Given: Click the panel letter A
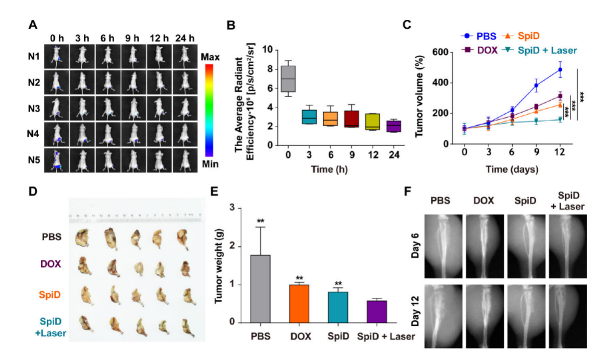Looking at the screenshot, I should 33,25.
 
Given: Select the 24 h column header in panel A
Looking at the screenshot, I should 185,39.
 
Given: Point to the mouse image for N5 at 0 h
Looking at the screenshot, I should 57,160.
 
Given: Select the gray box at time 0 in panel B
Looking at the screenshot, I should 288,79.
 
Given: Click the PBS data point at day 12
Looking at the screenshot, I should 560,69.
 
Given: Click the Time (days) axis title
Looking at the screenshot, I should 512,170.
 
